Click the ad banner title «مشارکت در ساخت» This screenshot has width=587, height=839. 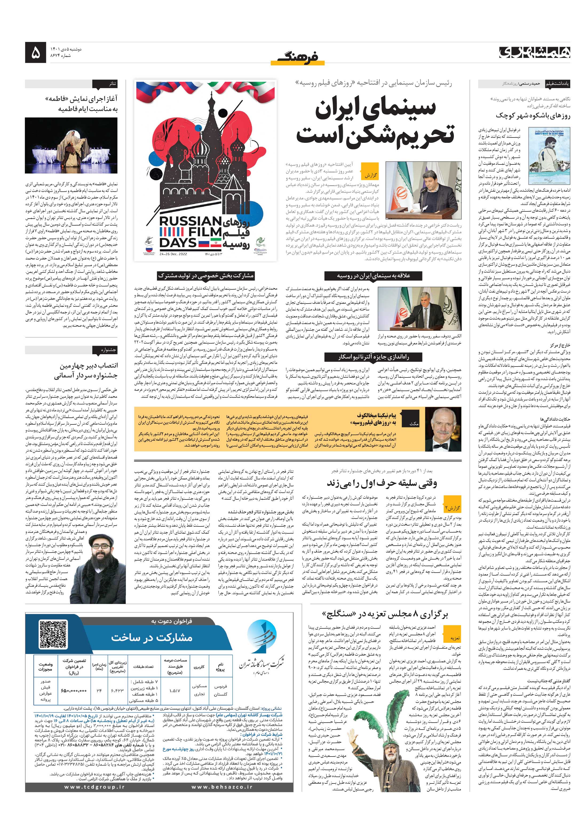[151, 637]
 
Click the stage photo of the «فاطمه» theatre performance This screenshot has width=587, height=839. [71, 145]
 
